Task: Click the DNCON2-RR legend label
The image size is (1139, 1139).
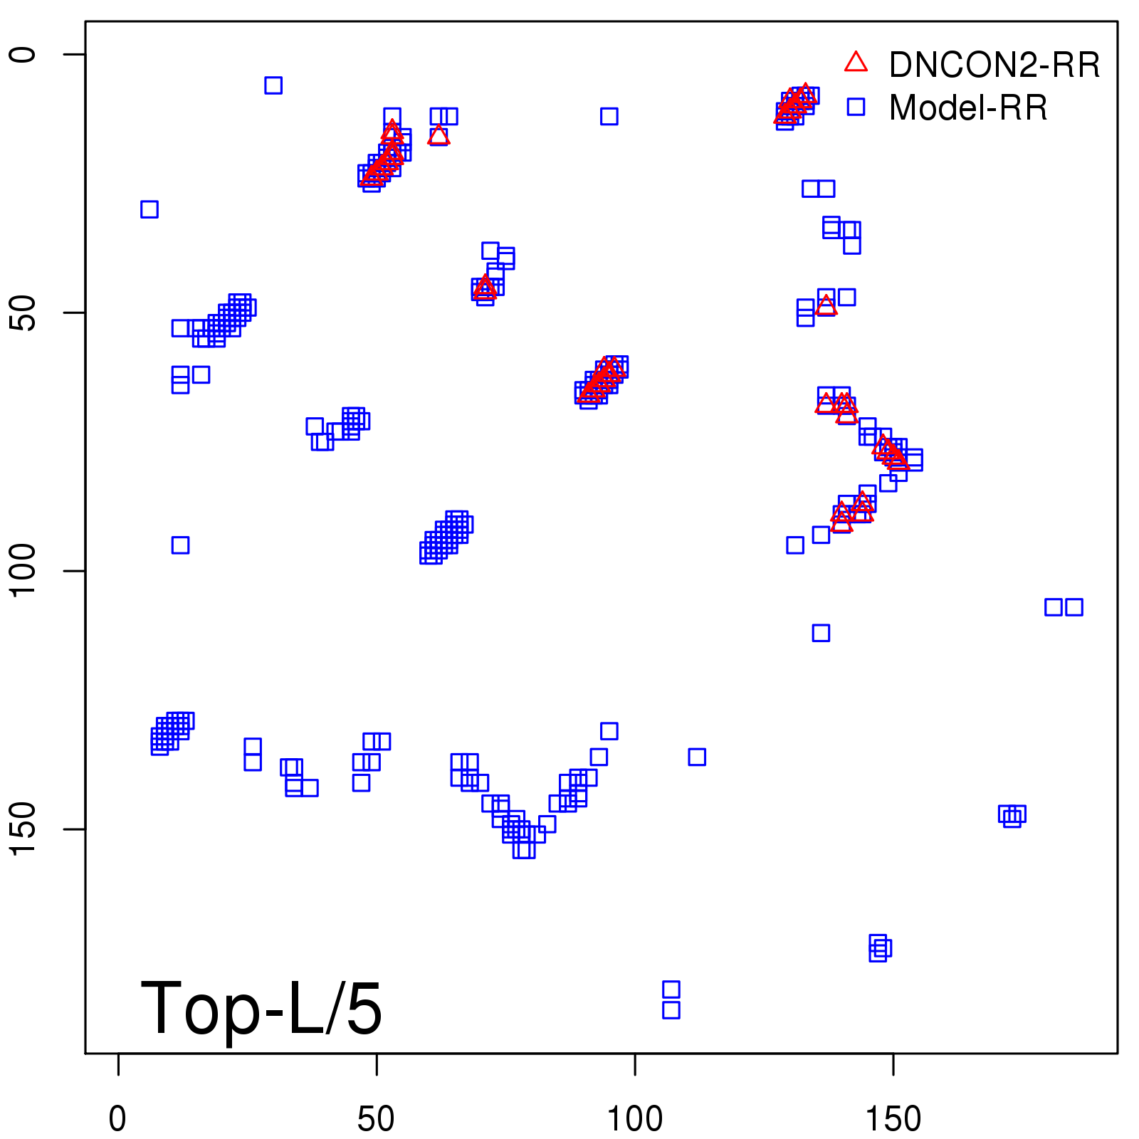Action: [994, 65]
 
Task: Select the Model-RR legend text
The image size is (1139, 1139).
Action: [968, 108]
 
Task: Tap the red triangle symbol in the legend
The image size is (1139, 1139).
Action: [856, 63]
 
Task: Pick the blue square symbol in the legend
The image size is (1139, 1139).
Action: [856, 107]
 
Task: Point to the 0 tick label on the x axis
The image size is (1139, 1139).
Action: [118, 1119]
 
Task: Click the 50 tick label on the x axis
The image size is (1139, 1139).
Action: [376, 1119]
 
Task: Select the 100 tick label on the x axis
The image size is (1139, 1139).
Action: [634, 1119]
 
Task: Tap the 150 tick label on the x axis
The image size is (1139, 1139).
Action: [893, 1119]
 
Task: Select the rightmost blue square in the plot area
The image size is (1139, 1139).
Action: [1074, 607]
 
